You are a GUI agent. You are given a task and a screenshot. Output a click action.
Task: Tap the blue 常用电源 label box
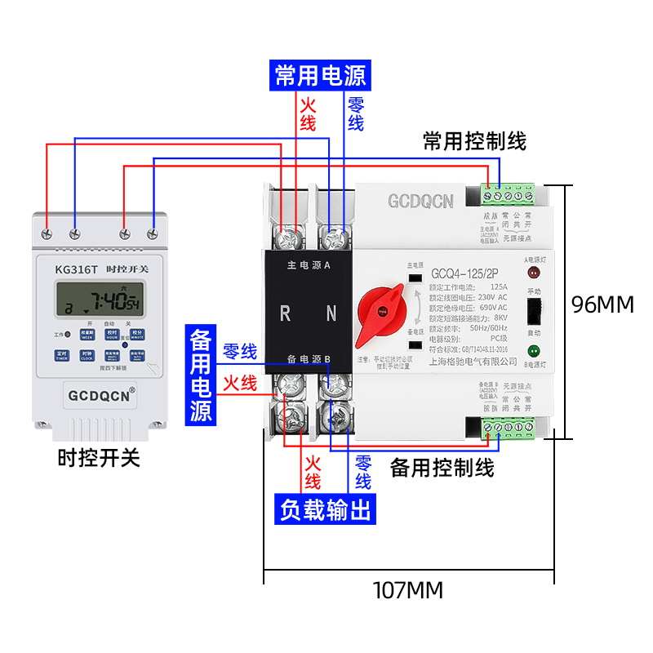coord(320,76)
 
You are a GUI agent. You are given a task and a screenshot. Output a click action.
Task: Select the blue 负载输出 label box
coord(325,509)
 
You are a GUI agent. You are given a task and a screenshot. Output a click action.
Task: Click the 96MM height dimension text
coord(602,304)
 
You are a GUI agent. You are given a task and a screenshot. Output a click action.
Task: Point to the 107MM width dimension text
coord(407,589)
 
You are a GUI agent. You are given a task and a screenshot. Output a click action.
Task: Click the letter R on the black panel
coord(286,313)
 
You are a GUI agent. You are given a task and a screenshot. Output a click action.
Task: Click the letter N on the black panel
coord(331,313)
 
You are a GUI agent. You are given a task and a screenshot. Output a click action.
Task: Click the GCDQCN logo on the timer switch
coord(97,397)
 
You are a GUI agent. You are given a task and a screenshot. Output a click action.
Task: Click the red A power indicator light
coord(535,272)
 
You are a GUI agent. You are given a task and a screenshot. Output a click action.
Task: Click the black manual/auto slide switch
coord(535,312)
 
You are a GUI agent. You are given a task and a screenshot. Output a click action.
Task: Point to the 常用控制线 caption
coord(474,141)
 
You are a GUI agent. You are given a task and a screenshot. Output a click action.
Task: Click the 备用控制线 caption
coord(442,468)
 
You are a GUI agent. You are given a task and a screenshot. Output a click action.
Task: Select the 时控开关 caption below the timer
coord(99,458)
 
